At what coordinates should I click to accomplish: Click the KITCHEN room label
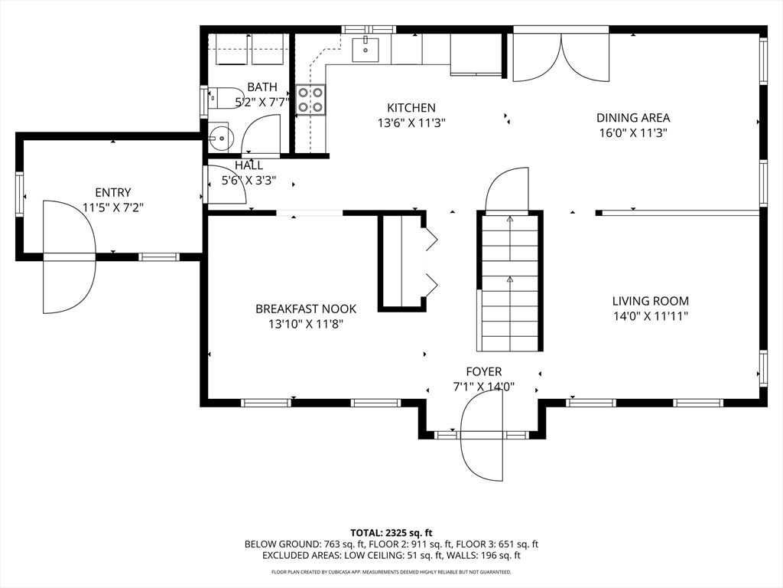coord(411,108)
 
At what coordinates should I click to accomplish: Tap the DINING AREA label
coord(632,118)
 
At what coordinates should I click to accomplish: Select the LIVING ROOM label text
coord(650,302)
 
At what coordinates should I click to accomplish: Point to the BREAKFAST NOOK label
coord(306,309)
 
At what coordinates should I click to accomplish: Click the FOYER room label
coord(483,372)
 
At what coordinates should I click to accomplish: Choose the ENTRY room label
coord(112,193)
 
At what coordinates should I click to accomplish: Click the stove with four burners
coord(310,98)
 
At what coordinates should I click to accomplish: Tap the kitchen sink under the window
coord(366,49)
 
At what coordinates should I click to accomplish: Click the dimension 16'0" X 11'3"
coord(632,132)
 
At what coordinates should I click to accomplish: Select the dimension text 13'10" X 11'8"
coord(306,324)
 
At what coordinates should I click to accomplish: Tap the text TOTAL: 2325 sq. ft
coord(391,532)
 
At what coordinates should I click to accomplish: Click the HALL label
coord(249,165)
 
